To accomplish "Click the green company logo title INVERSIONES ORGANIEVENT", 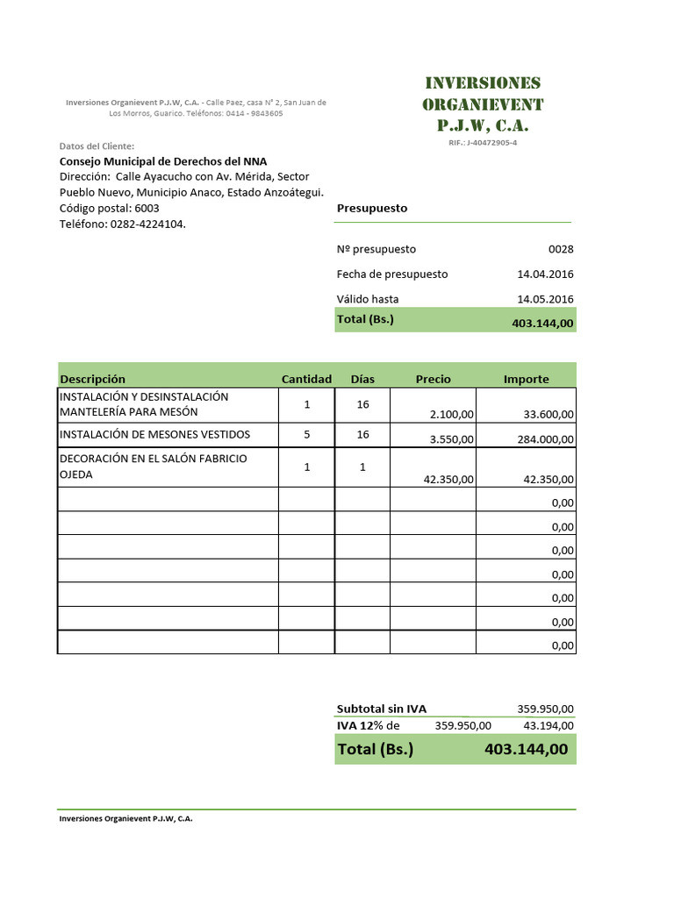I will coord(483,104).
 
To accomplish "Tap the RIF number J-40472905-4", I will coord(483,143).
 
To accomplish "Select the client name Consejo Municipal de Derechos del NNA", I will coord(162,161).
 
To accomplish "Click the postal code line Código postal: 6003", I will coord(109,209).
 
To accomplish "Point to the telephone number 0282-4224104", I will coord(147,224).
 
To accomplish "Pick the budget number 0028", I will coord(561,249).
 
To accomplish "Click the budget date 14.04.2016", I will coord(545,274).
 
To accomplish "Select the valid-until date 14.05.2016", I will coord(545,299).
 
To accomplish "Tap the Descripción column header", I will coord(92,379).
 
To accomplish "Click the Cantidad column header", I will coord(306,379).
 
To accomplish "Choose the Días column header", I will coord(362,379).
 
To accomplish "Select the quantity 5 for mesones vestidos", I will coord(306,434).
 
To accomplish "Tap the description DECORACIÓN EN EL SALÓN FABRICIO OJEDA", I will coord(153,467).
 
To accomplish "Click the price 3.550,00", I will coord(452,439).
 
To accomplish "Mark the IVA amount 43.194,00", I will coord(549,725).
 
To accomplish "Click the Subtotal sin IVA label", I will coord(382,709).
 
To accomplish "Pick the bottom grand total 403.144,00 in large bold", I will coord(526,750).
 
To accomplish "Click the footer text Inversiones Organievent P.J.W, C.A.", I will coord(125,818).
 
